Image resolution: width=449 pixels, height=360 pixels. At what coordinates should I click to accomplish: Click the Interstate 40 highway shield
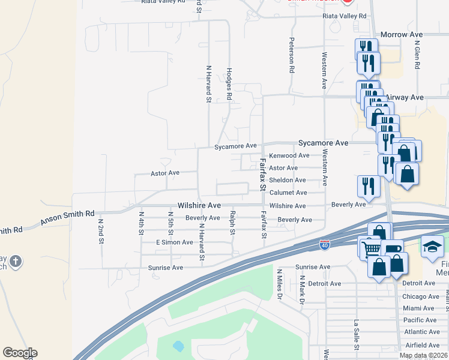click(324, 245)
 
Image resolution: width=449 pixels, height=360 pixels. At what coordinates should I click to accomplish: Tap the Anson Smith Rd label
click(67, 218)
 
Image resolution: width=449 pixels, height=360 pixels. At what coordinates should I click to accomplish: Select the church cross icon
click(16, 262)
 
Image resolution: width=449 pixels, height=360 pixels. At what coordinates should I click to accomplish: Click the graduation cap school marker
click(432, 247)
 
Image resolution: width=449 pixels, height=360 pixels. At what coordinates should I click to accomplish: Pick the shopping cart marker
click(370, 247)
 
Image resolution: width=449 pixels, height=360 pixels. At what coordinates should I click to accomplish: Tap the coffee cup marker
click(393, 250)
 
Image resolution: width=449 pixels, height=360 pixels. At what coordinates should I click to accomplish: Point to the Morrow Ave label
click(401, 35)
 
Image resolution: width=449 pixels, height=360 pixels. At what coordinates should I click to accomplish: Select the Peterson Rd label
click(292, 56)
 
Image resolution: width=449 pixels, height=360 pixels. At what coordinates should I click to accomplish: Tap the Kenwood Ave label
click(289, 156)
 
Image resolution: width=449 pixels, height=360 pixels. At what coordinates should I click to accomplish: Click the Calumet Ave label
click(288, 193)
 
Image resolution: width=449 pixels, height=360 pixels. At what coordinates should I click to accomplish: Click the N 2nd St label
click(101, 230)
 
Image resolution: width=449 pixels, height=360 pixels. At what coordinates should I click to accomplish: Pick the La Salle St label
click(357, 335)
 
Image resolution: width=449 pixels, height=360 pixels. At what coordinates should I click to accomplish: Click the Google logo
click(20, 353)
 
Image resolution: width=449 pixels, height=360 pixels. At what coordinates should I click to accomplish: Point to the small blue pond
click(178, 346)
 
